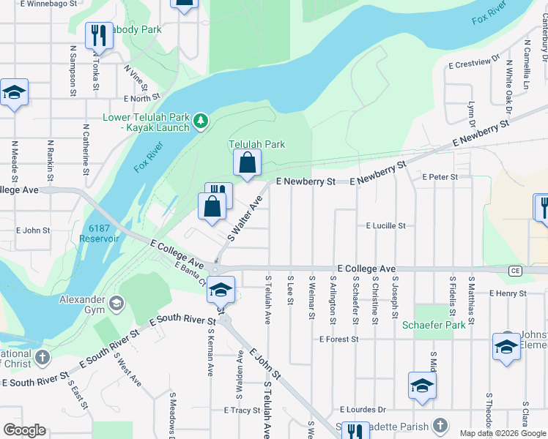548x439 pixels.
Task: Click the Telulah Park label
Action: coord(256,144)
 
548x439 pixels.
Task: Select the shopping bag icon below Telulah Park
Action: coord(248,163)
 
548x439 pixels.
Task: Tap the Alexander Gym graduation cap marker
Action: coord(115,302)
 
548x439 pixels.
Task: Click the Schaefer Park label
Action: coord(434,325)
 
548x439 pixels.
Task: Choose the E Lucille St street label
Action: coord(385,226)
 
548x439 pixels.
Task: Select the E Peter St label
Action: coord(440,177)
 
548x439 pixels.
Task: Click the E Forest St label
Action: coord(338,339)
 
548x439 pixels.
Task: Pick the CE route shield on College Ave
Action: coord(516,271)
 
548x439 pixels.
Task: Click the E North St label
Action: coord(142,98)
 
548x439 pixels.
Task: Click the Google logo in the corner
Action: coord(24,429)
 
